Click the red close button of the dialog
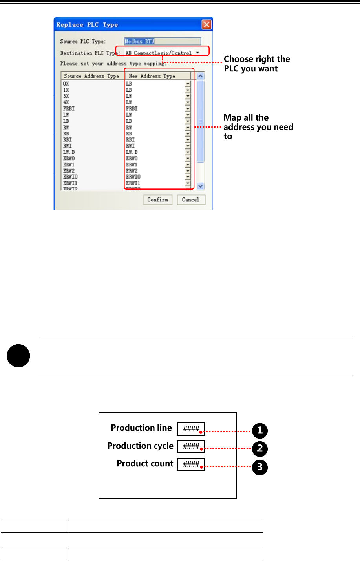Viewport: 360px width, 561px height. (x=206, y=25)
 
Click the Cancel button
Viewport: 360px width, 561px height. (x=191, y=199)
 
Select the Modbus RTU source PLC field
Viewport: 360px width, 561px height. (x=162, y=41)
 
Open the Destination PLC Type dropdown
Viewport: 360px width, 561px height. (x=197, y=53)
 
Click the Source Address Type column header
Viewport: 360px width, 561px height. (x=91, y=76)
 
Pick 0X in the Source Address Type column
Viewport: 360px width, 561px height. (x=66, y=84)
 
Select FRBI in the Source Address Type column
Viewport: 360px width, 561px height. (x=69, y=108)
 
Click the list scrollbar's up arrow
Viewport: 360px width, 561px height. (x=201, y=76)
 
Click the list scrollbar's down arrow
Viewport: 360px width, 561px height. (x=201, y=186)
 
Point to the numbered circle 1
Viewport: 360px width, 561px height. (x=259, y=431)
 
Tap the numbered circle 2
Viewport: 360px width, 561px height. (x=259, y=449)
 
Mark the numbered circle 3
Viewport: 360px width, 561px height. (x=259, y=467)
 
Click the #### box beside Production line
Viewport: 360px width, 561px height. (x=191, y=429)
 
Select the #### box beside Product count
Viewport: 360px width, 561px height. (x=191, y=464)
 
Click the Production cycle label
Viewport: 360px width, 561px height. (x=140, y=446)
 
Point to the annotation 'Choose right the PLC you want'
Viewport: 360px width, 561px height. (x=257, y=64)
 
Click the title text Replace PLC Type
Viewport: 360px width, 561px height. (x=87, y=25)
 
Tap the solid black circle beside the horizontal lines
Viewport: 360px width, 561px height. (x=18, y=356)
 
